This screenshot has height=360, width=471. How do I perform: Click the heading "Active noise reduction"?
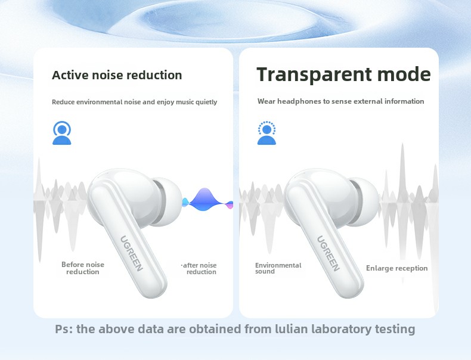[117, 75]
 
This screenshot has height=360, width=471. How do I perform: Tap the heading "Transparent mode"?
[343, 74]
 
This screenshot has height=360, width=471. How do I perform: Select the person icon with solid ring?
[62, 133]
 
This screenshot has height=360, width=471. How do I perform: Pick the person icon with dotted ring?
[267, 133]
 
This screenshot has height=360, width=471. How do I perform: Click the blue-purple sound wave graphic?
[207, 200]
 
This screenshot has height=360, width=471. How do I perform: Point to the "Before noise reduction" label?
[83, 268]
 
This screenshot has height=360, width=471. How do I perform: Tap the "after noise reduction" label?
[199, 268]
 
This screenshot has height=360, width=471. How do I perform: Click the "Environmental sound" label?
[278, 268]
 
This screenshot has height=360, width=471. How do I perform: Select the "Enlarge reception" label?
[397, 268]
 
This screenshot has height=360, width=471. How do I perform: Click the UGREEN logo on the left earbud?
[131, 253]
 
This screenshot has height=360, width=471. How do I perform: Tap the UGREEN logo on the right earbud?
[328, 253]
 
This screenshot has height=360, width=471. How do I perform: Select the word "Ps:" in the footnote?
[64, 329]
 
